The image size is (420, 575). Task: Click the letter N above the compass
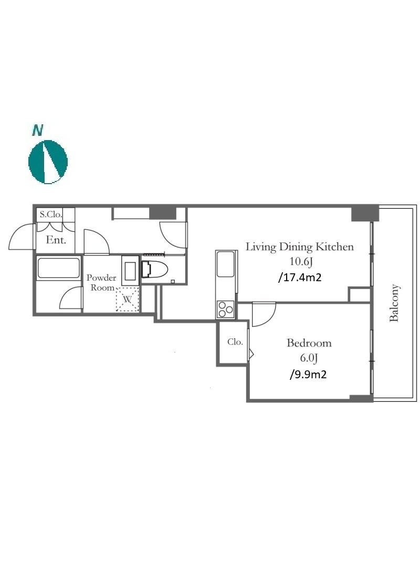[x=38, y=130]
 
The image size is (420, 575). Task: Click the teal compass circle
[x=48, y=162]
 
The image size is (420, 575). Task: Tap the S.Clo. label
[x=50, y=214]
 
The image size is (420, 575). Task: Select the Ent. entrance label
[x=56, y=240]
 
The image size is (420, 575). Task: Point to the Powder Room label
[x=101, y=282]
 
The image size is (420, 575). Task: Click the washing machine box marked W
[x=128, y=299]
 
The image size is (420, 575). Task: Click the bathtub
[x=58, y=268]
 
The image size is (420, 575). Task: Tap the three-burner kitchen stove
[x=225, y=309]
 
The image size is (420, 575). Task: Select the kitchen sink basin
[x=225, y=264]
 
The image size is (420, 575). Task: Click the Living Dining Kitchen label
[x=300, y=247]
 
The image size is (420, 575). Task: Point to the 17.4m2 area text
[x=300, y=278]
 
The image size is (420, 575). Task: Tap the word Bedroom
[x=309, y=343]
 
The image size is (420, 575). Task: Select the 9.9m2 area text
[x=308, y=375]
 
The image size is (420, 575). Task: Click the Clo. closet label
[x=235, y=342]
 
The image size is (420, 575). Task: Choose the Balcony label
[x=394, y=303]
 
